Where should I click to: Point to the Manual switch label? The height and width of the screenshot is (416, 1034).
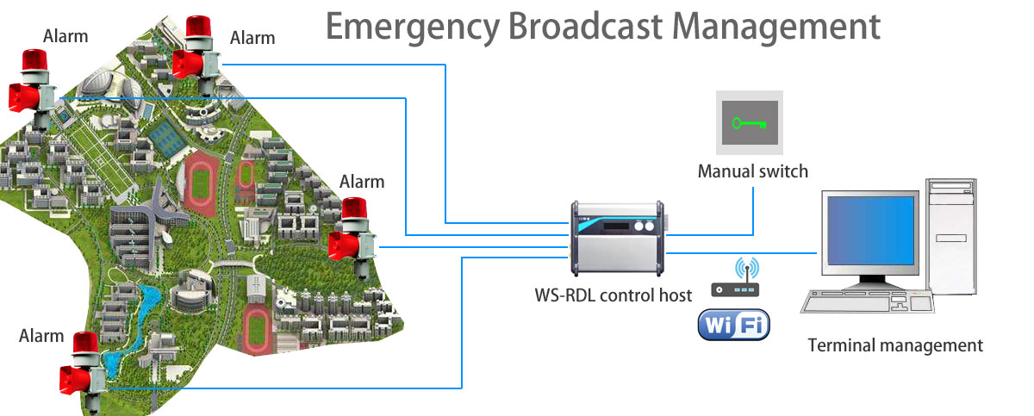pos(752,171)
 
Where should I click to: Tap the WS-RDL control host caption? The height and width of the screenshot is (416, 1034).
pos(613,295)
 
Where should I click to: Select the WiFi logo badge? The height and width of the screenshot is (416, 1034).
pos(733,326)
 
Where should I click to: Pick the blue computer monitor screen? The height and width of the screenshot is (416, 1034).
pos(869,228)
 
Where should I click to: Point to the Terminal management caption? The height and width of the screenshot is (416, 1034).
pos(895,346)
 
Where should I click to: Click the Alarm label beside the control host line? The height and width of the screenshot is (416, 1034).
pos(362,182)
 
